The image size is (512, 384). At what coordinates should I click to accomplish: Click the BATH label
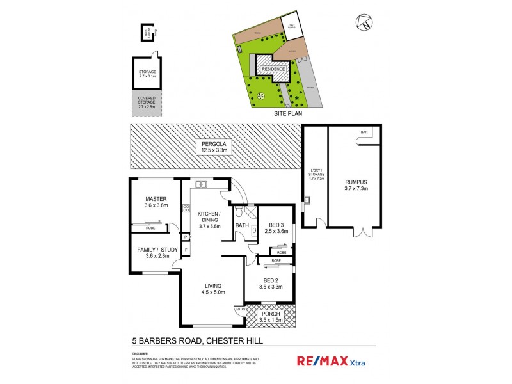242,225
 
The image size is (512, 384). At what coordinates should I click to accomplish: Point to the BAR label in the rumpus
364,132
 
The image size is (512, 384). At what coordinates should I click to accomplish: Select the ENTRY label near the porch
241,310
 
